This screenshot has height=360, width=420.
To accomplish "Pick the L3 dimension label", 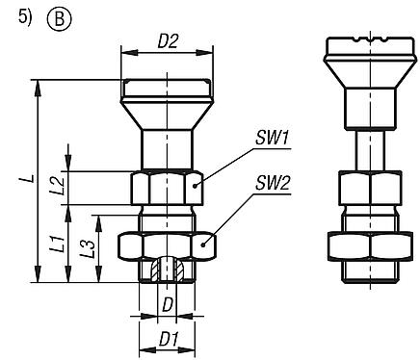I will click(x=89, y=252).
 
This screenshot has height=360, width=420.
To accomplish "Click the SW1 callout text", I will click(x=274, y=139).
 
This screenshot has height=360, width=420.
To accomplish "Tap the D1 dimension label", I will click(x=167, y=340).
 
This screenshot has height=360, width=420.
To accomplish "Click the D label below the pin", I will click(x=167, y=305).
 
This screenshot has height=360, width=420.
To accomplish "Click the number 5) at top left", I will click(x=13, y=15).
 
